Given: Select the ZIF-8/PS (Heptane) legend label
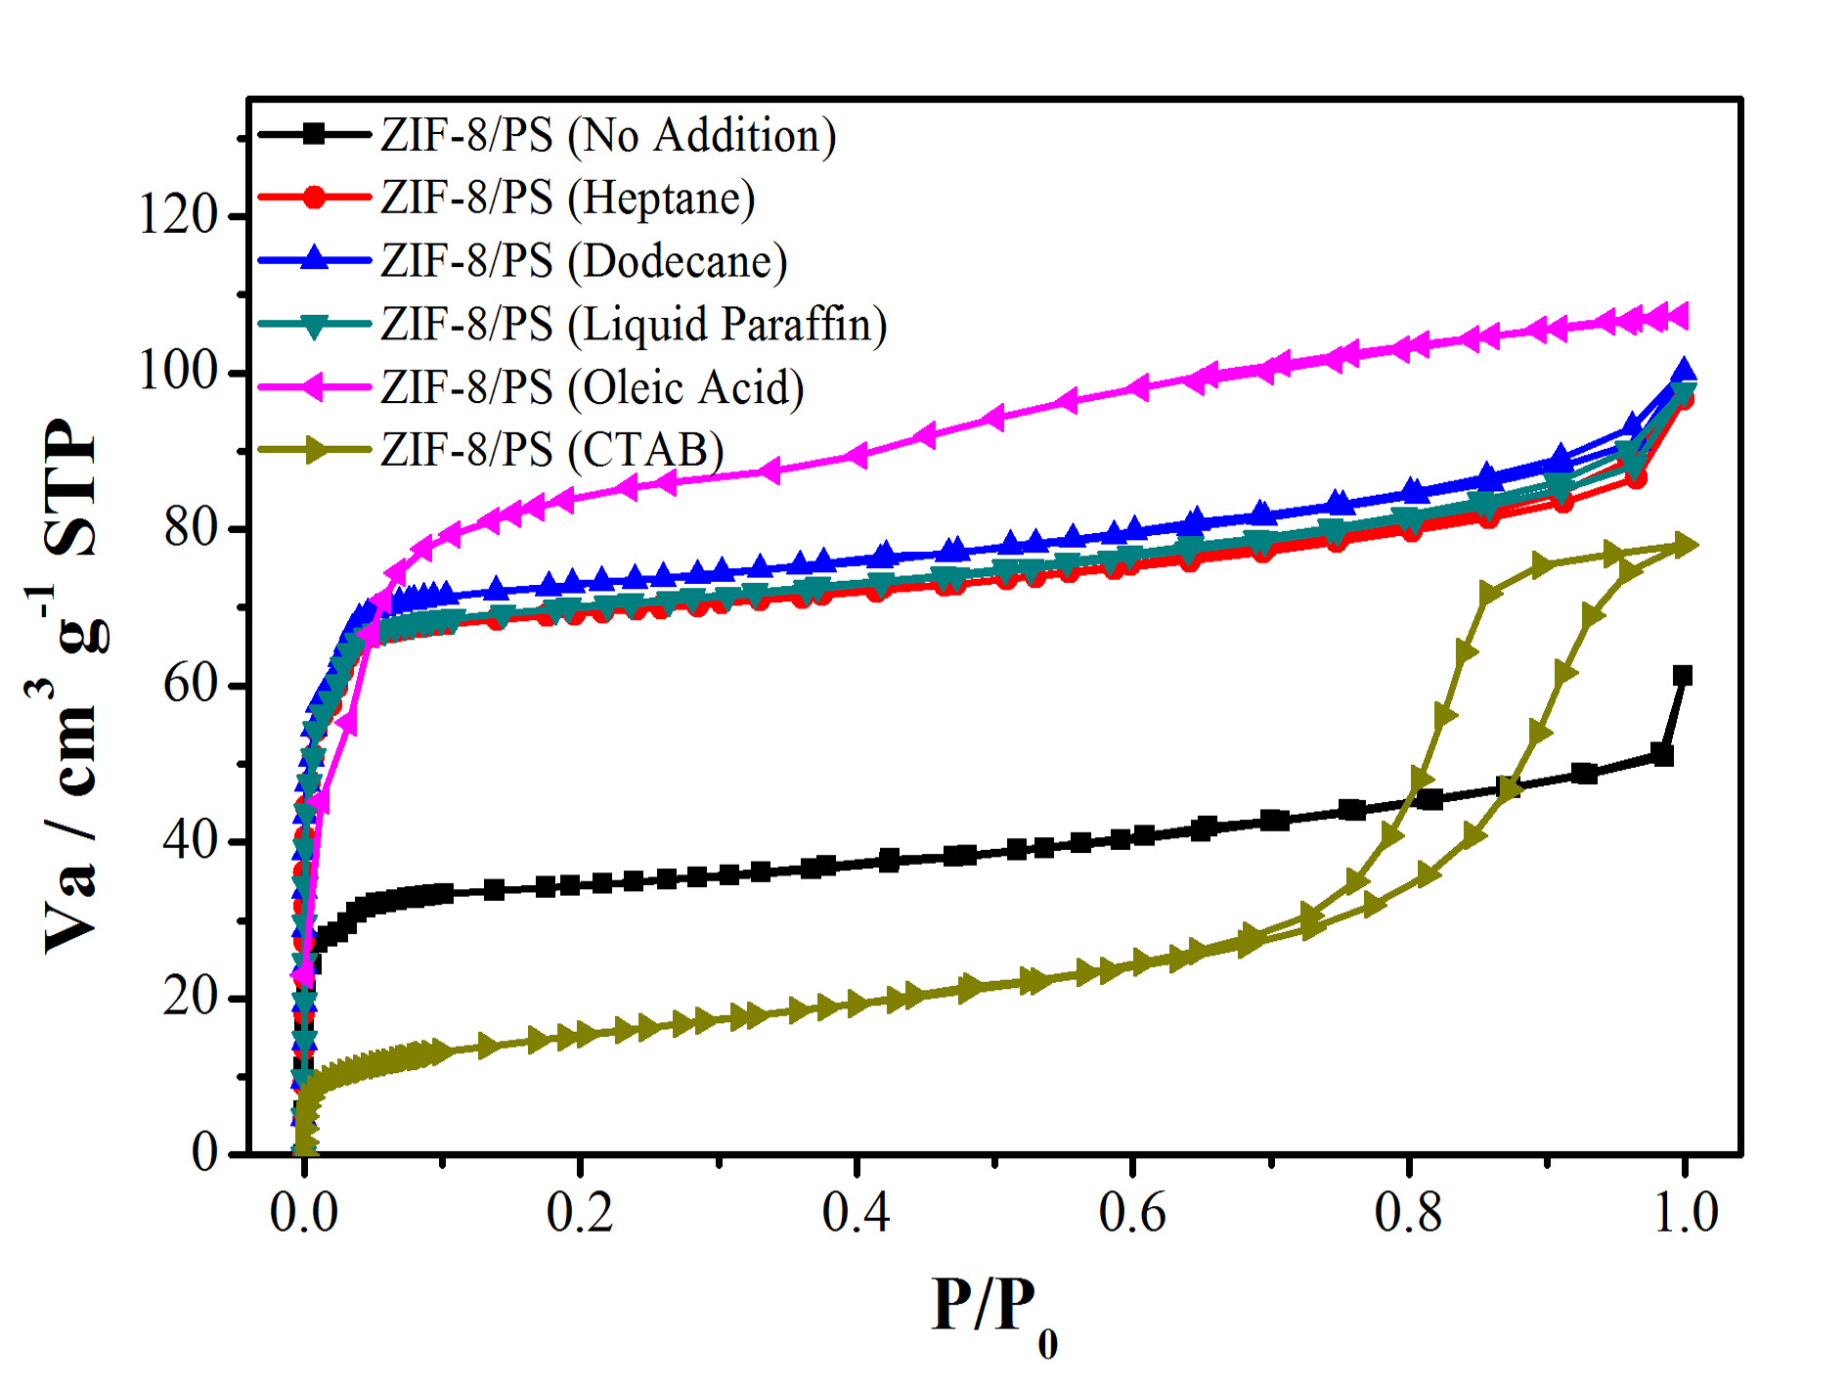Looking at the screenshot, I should tap(567, 198).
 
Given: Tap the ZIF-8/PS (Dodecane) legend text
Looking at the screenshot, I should tap(584, 261).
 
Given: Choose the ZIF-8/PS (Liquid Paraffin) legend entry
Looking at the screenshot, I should tap(634, 324).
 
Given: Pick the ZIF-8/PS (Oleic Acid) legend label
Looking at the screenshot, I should tap(593, 387).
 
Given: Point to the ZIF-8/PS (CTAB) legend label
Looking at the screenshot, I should tap(552, 450).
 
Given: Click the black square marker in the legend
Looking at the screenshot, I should tap(314, 135).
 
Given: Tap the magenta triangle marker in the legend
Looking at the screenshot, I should tap(313, 387).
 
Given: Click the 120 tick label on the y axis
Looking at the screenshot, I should tap(178, 214).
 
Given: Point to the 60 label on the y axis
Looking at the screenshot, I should tap(191, 684).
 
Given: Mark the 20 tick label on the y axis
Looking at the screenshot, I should tap(191, 997).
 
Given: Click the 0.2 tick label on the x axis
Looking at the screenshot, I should tap(580, 1213).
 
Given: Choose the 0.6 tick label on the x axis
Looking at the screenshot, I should tap(1132, 1213).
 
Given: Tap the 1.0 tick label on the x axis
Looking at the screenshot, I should tap(1685, 1213).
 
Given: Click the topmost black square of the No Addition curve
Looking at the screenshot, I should tap(1683, 676).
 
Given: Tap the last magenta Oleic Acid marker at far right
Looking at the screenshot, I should tap(1680, 316).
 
